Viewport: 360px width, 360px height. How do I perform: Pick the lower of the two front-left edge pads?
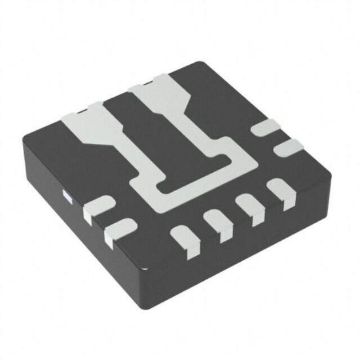[119, 229]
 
